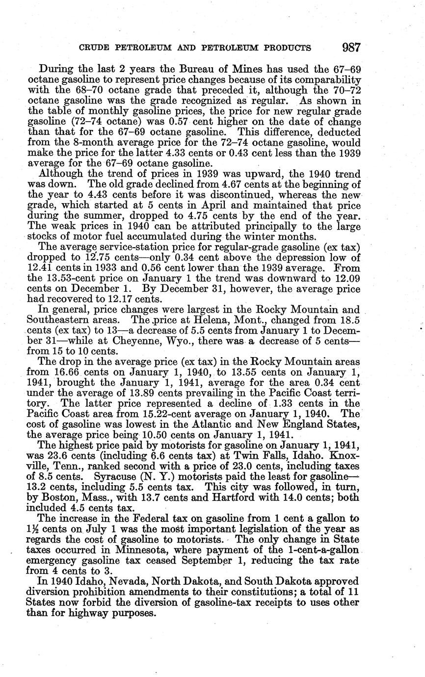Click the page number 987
[x=351, y=48]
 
